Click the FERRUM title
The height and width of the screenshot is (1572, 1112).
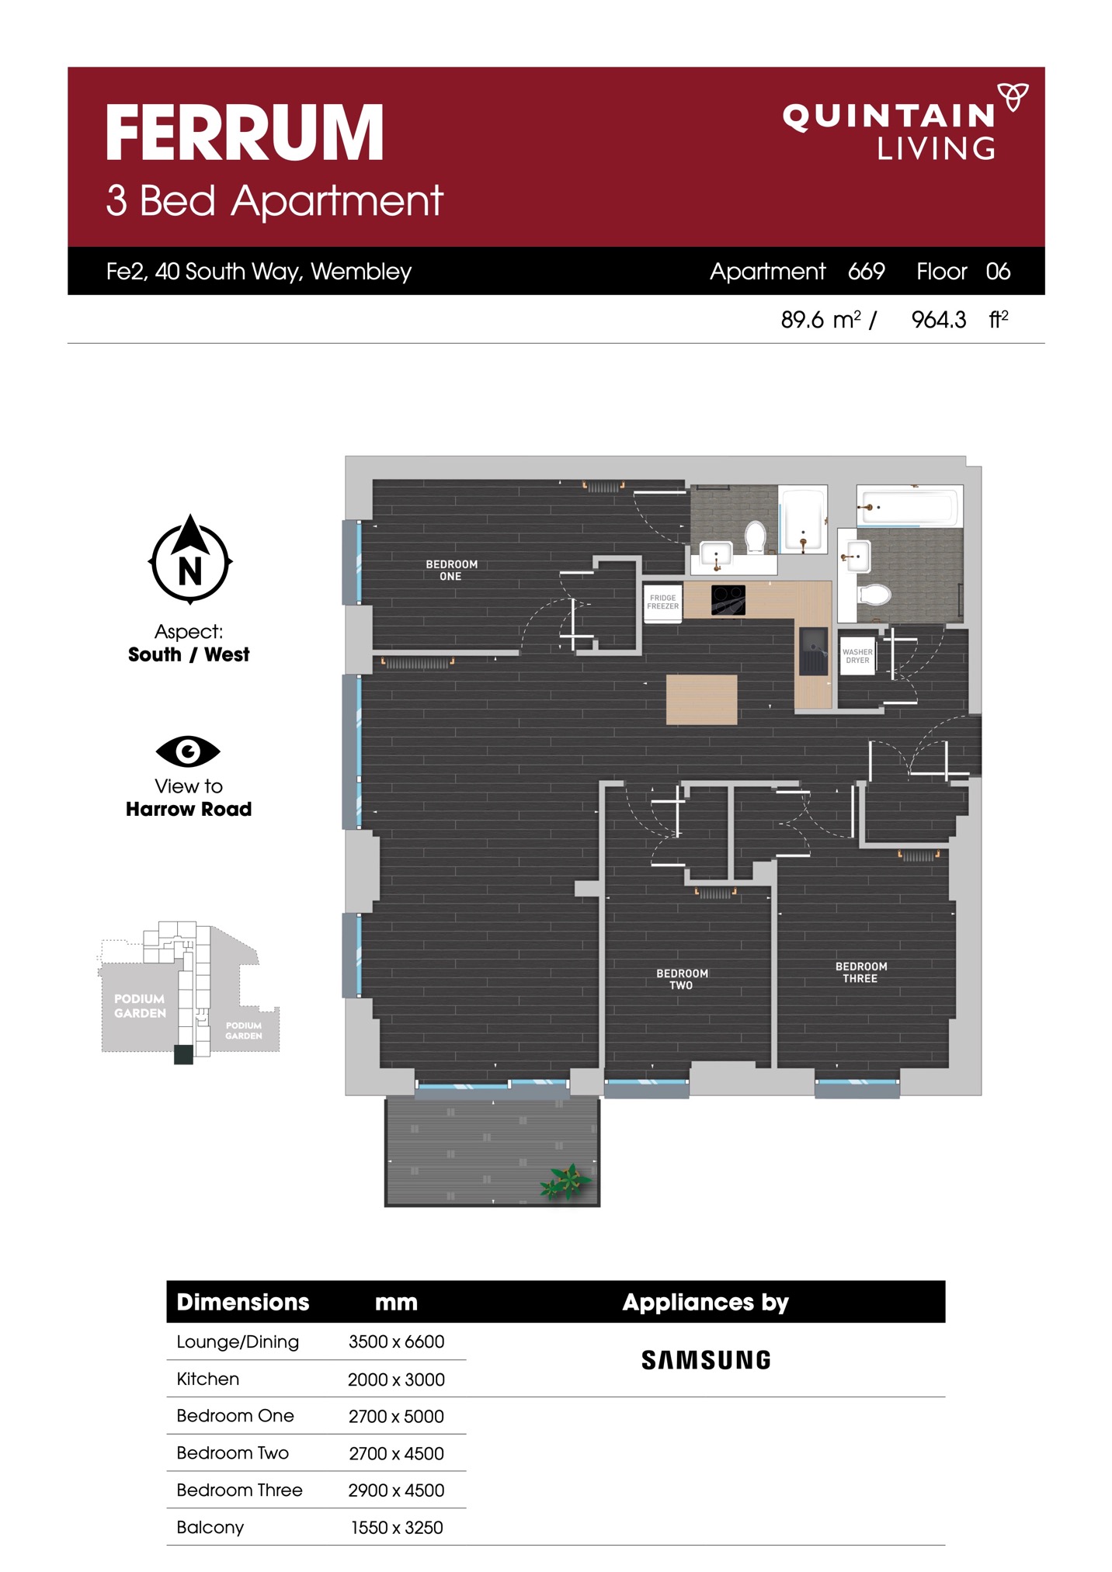[x=245, y=134]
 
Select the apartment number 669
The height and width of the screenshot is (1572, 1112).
[x=866, y=271]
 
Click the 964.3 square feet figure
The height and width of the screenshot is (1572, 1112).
[x=938, y=320]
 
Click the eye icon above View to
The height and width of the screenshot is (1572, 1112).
[x=188, y=751]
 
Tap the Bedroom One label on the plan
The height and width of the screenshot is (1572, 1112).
[x=451, y=570]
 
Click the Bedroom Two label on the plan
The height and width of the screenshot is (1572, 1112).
[x=682, y=979]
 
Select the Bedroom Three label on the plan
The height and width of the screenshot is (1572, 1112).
[x=860, y=972]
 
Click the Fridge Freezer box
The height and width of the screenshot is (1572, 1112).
[x=662, y=602]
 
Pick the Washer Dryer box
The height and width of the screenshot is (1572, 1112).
[x=857, y=656]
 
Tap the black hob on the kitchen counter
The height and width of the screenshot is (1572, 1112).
[x=728, y=600]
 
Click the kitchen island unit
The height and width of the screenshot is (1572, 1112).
[x=701, y=699]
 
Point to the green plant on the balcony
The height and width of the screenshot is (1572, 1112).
[x=566, y=1181]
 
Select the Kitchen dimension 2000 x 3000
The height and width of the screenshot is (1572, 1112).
[x=396, y=1379]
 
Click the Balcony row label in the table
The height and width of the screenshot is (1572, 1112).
[x=210, y=1527]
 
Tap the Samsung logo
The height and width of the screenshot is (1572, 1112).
[x=705, y=1360]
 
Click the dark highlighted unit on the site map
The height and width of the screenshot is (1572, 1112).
[x=183, y=1054]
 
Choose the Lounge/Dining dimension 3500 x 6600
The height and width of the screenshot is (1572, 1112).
[x=396, y=1341]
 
